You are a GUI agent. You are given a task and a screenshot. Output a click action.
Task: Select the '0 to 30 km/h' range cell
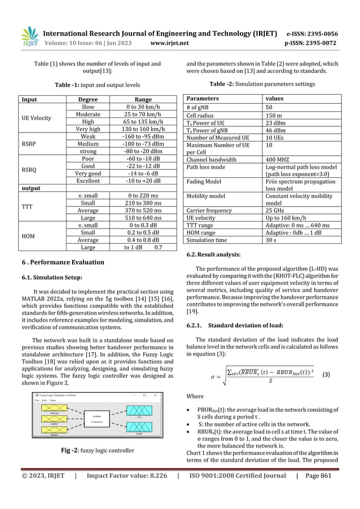pos(143,107)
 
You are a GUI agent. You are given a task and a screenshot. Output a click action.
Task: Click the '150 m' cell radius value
pos(275,116)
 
